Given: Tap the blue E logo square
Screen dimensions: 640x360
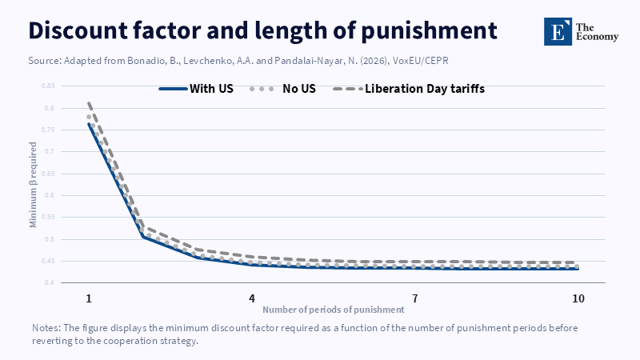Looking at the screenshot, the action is tap(558, 31).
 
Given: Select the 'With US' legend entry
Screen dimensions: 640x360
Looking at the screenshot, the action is tap(196, 89).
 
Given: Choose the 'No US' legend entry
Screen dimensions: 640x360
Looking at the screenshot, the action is tap(283, 89).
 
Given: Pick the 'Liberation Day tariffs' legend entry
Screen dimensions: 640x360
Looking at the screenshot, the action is tap(409, 89).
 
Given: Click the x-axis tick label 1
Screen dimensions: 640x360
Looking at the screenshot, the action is tap(89, 298).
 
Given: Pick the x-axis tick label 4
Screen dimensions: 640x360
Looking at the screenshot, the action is tap(252, 298).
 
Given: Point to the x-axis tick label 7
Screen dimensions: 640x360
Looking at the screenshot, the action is tap(415, 298).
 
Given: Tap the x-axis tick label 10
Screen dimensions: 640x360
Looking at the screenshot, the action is tap(578, 298).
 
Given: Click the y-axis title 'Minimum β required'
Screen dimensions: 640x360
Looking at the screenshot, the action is tap(33, 185).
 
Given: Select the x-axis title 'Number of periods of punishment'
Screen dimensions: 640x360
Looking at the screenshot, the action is tap(334, 310).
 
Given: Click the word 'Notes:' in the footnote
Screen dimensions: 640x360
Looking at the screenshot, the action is tap(46, 328).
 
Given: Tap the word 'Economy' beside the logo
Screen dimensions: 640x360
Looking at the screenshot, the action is tap(597, 37).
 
